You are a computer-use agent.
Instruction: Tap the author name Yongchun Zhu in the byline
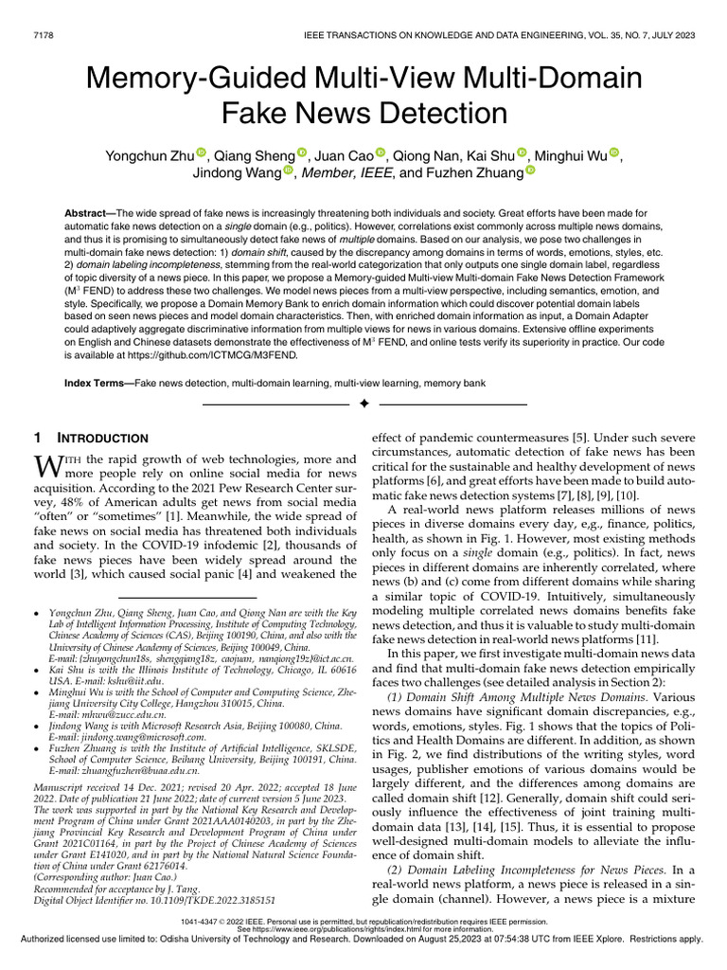[x=146, y=155]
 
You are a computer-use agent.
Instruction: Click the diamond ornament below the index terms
[x=363, y=404]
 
